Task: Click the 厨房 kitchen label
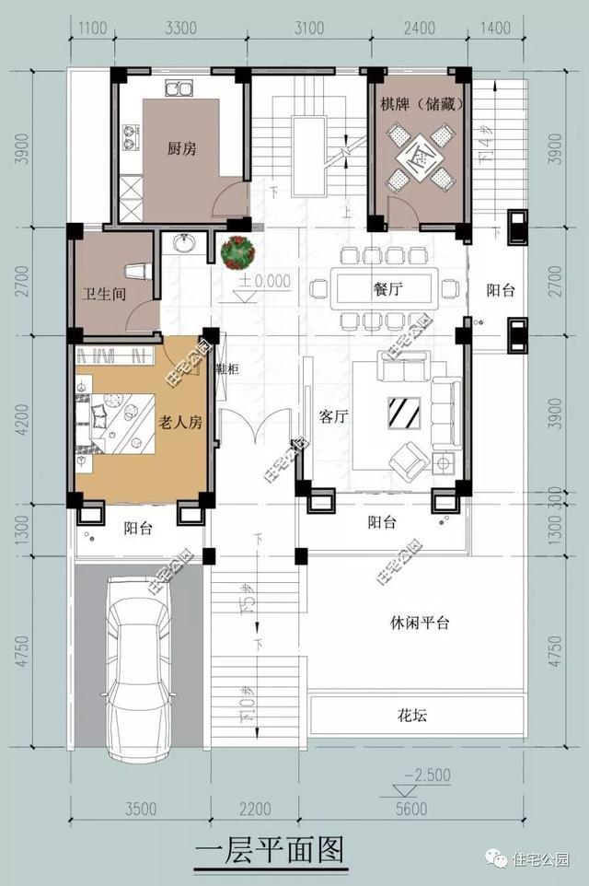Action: [x=182, y=148]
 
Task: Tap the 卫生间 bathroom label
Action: [x=97, y=295]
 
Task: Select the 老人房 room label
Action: [x=179, y=424]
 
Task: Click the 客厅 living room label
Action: [x=332, y=416]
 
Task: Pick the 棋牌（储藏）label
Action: [x=422, y=104]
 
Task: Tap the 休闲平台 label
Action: [x=419, y=623]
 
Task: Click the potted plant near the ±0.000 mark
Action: [x=239, y=251]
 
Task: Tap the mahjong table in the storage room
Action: [x=420, y=158]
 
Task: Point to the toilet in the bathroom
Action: [x=136, y=271]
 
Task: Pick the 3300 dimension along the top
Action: [x=179, y=29]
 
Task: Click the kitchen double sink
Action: [x=178, y=89]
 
